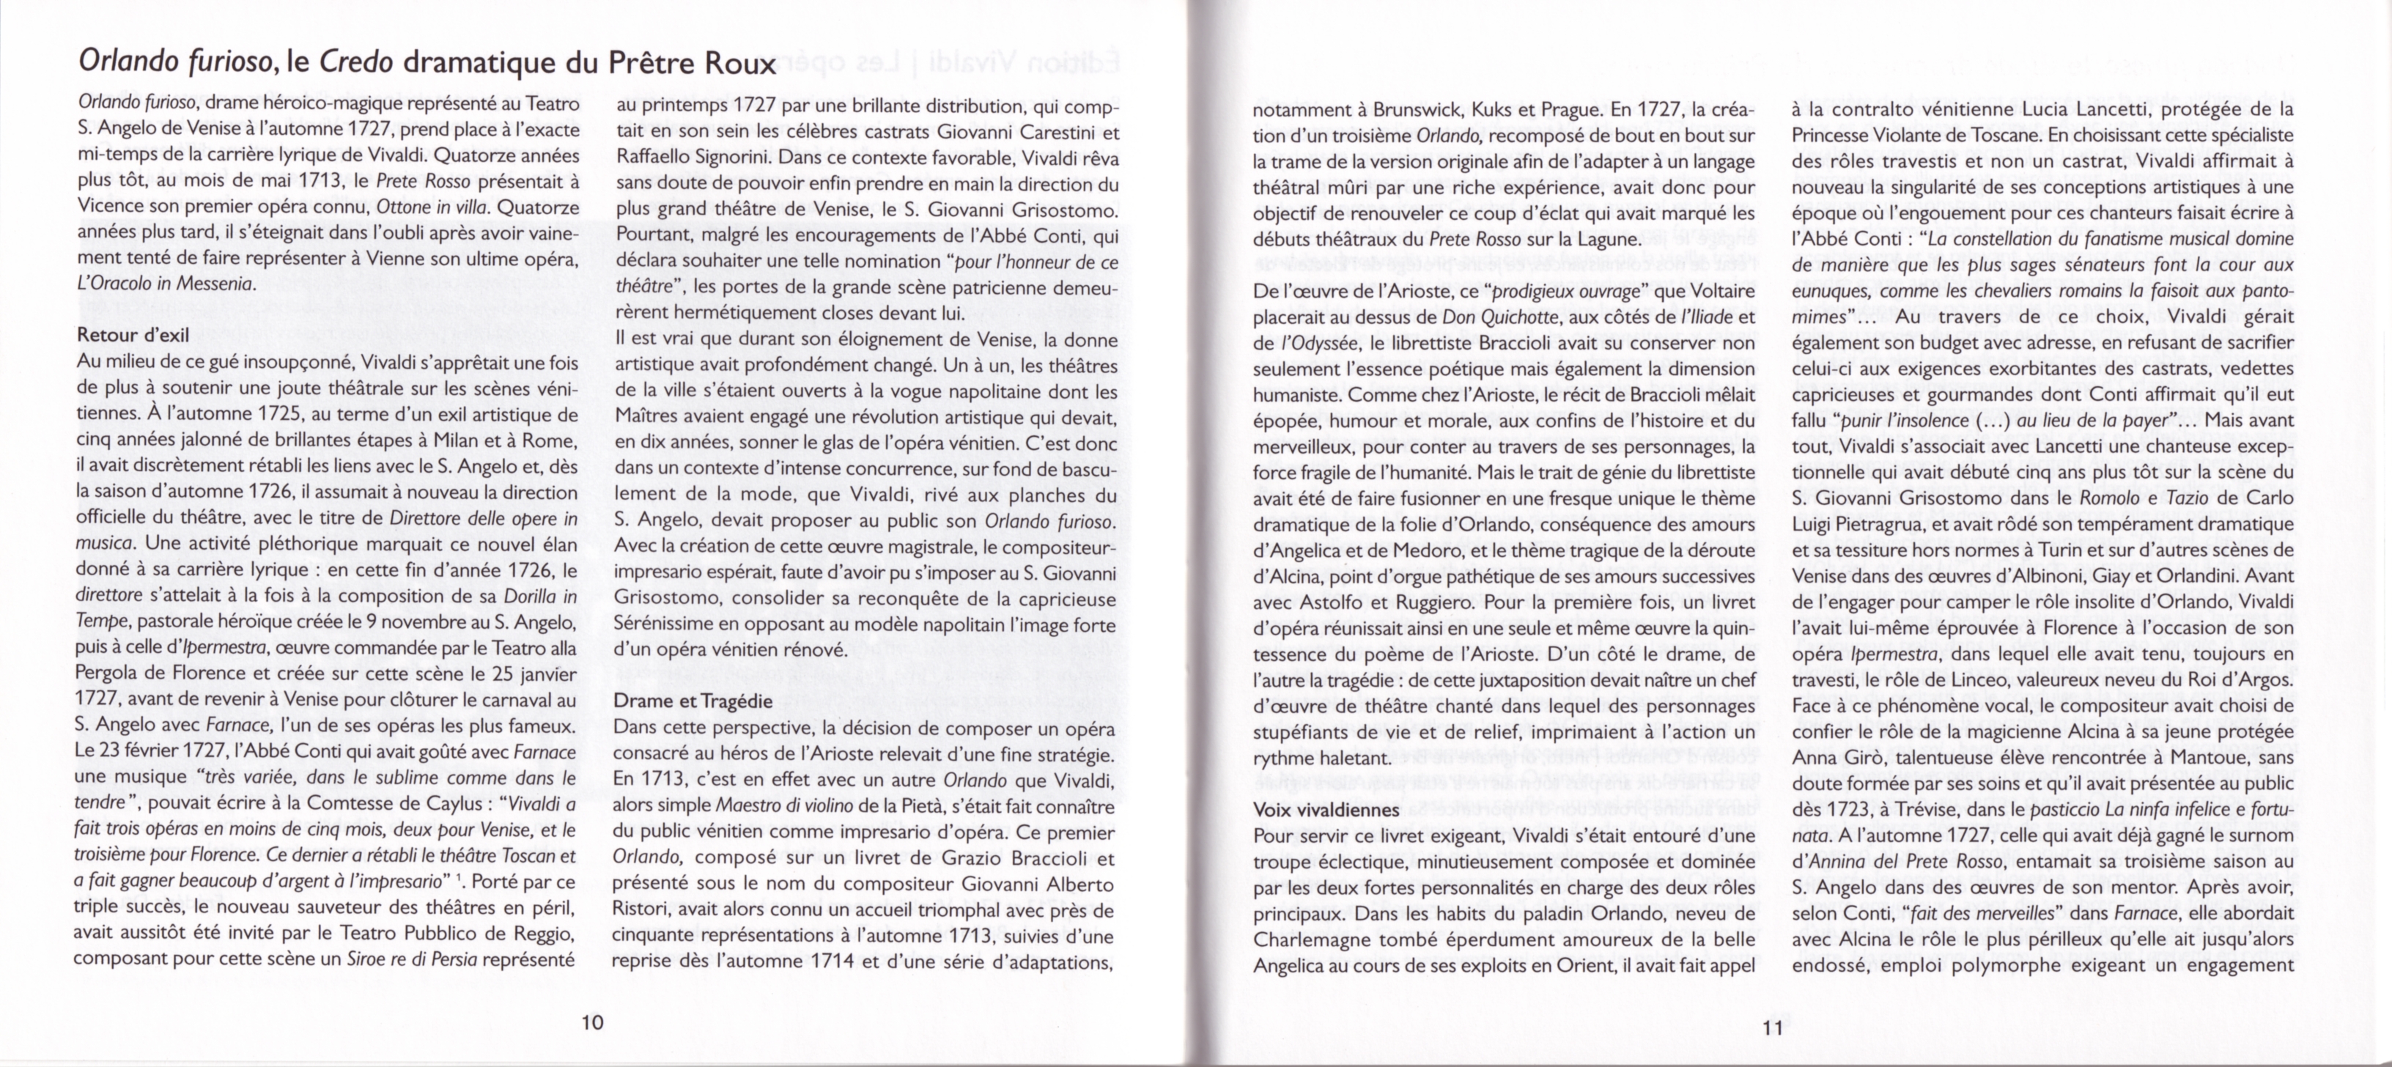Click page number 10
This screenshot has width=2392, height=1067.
(x=591, y=1022)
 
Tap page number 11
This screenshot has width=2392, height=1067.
(x=1772, y=1027)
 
